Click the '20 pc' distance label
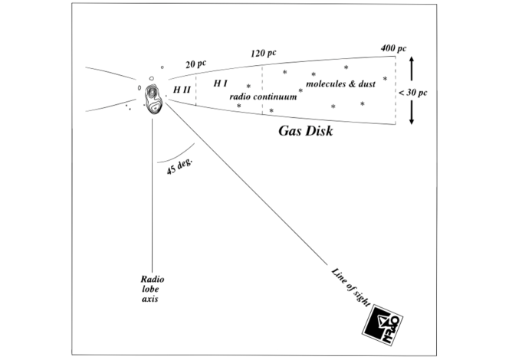197,65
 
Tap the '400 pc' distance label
392,49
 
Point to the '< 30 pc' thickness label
412,92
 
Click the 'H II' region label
182,90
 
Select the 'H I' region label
220,83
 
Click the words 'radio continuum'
263,97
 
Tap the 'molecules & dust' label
340,83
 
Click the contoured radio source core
153,97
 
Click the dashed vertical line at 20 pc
195,90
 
